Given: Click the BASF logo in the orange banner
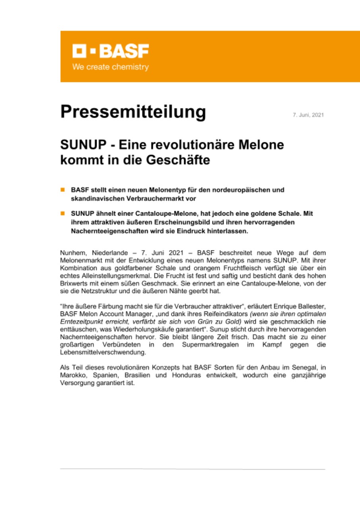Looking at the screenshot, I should tap(110, 51).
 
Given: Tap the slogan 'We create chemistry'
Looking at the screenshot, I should tap(110, 67).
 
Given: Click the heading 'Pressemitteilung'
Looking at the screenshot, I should tap(133, 113).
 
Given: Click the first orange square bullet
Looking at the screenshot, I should tap(62, 190).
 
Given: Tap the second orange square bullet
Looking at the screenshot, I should tap(62, 214).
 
